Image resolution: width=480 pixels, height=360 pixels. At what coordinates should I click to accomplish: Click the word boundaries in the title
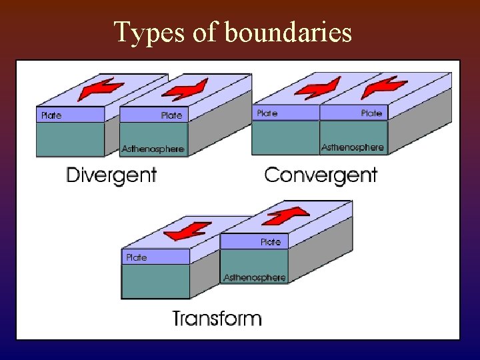[289, 32]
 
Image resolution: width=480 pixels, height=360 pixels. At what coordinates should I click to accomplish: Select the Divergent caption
[111, 175]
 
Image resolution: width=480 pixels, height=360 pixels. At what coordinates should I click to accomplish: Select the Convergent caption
[321, 175]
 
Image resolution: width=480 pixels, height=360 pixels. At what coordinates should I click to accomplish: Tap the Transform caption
[217, 318]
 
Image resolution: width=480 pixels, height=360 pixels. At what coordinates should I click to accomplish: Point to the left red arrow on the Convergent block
[318, 87]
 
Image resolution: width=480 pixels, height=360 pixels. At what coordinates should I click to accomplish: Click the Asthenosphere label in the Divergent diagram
[153, 149]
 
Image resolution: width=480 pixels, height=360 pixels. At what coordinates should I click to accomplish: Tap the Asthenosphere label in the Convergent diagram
[353, 147]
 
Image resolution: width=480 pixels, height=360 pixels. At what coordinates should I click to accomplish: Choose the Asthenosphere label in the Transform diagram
[255, 277]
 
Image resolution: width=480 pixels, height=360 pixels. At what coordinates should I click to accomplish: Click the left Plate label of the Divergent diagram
[51, 115]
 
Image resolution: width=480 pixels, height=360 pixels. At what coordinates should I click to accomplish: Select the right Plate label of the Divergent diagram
[171, 115]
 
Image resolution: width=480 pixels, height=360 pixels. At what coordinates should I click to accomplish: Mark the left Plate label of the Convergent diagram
[267, 113]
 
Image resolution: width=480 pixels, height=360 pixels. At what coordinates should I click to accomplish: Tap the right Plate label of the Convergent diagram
[371, 113]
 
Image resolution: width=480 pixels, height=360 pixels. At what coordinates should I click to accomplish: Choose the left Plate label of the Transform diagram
[136, 257]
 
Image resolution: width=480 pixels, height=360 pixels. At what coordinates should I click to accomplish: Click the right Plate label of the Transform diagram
[271, 242]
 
